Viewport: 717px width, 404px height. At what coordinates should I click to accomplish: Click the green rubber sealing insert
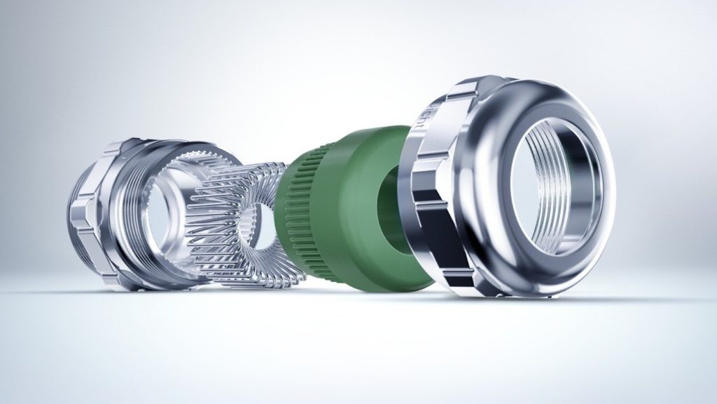pos(350,210)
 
